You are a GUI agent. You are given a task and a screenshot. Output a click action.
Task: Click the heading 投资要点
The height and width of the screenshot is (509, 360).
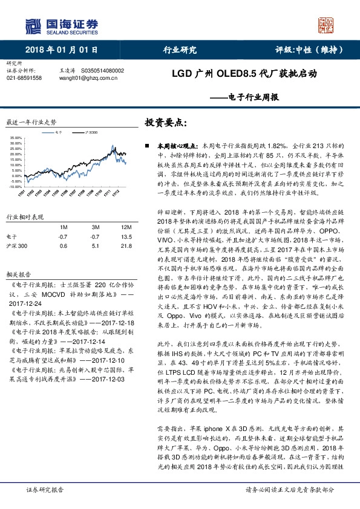pyautogui.click(x=165, y=122)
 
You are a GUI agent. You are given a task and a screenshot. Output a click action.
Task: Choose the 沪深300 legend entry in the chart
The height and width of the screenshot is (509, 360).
pyautogui.click(x=91, y=131)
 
